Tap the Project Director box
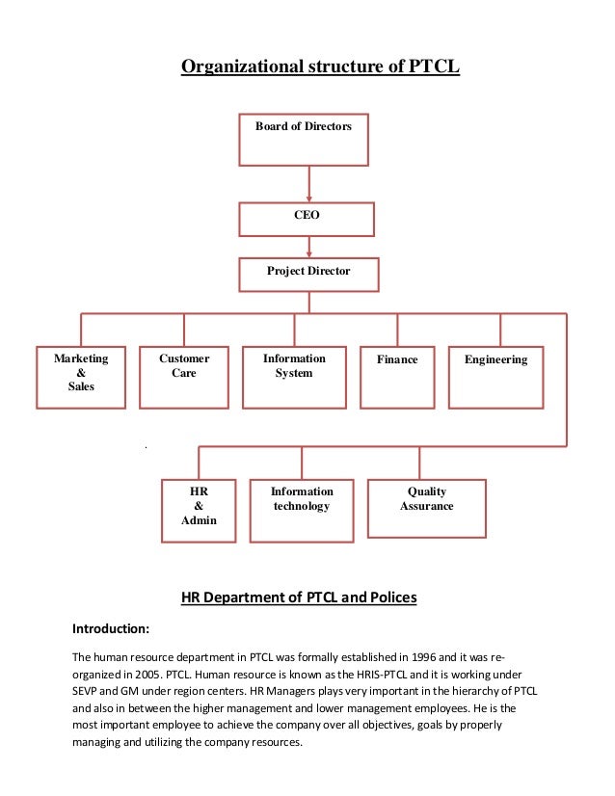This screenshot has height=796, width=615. click(x=308, y=274)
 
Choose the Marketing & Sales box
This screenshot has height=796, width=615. click(x=81, y=377)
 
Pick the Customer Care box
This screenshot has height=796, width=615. click(x=184, y=377)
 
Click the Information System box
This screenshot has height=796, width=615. click(x=294, y=377)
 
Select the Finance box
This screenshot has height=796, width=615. click(x=397, y=377)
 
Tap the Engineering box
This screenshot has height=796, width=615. click(x=496, y=377)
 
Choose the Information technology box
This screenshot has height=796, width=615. click(x=302, y=508)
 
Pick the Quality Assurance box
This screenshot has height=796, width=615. click(x=426, y=508)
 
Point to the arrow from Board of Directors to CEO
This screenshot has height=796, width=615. click(x=308, y=183)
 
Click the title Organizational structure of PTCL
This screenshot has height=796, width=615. click(x=321, y=67)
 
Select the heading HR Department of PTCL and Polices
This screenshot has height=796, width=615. click(x=299, y=597)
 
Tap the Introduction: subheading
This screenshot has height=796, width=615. click(x=111, y=629)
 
